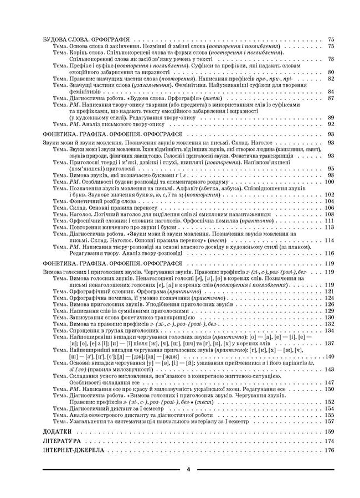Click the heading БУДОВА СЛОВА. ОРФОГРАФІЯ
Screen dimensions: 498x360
click(x=86, y=40)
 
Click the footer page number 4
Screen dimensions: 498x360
click(x=188, y=469)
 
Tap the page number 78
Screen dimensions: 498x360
click(x=331, y=59)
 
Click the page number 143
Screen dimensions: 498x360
click(x=330, y=369)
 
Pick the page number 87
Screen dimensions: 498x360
click(x=331, y=98)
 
